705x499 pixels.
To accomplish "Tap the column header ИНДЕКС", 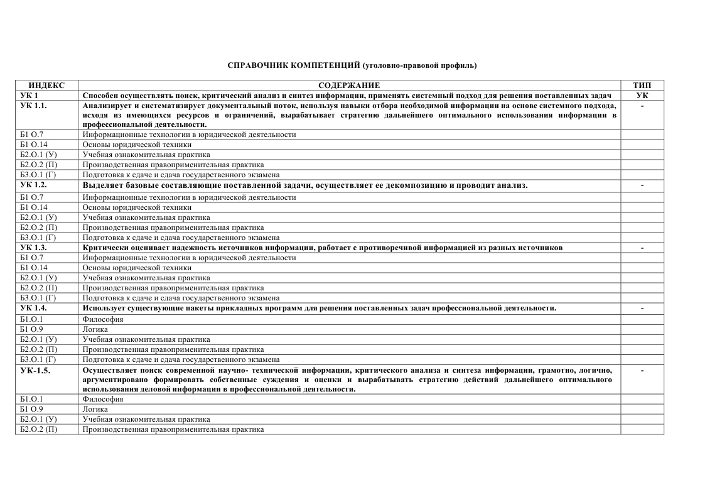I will (46, 85).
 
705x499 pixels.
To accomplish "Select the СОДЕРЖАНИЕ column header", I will (349, 85).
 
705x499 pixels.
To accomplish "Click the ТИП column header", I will (642, 85).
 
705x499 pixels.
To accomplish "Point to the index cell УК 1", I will (30, 95).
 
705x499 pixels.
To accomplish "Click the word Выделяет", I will (102, 185).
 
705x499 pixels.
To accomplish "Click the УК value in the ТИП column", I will (642, 95).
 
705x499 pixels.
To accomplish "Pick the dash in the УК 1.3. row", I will (642, 248).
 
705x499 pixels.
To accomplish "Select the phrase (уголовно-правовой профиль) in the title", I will (419, 65).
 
